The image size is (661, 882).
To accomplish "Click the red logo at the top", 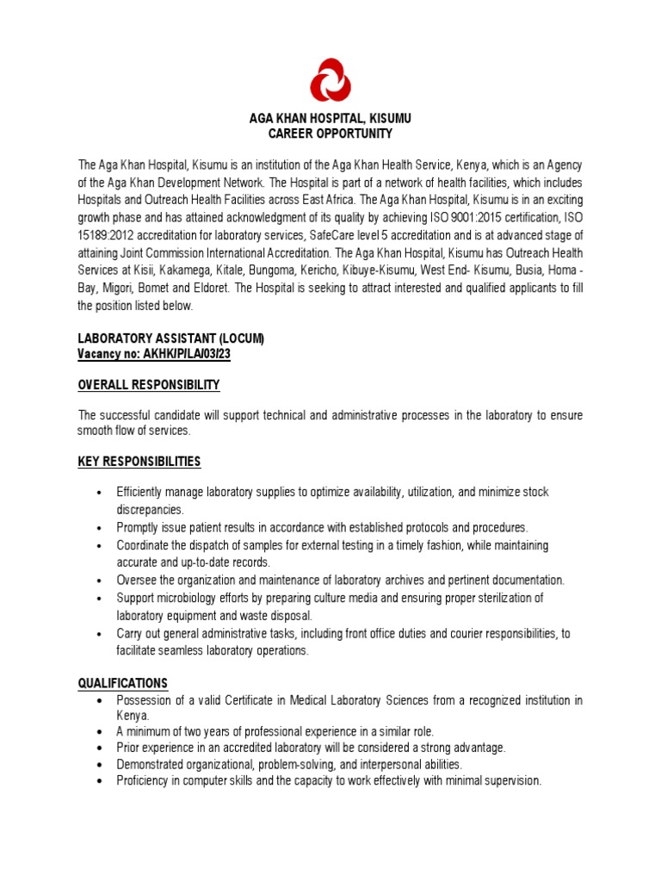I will (x=330, y=80).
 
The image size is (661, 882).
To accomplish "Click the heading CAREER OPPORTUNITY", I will (x=330, y=134).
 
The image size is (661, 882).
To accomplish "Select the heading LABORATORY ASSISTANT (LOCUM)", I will (x=170, y=339).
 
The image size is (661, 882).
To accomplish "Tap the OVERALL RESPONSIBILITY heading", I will (x=149, y=384).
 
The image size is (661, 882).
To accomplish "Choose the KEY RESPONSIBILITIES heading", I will (x=139, y=462).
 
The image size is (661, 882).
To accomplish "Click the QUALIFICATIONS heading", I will (x=123, y=683).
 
